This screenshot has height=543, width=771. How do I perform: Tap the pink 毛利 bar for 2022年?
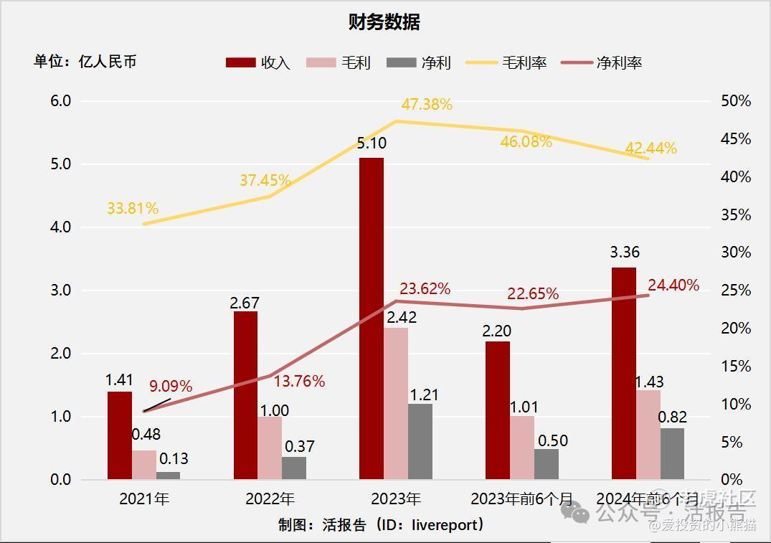point(270,448)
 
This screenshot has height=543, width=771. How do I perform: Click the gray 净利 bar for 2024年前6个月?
point(672,453)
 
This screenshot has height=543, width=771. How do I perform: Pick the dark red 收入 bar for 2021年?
point(119,435)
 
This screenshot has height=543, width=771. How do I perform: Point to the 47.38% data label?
point(427,105)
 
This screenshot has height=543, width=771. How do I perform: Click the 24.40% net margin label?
point(673,285)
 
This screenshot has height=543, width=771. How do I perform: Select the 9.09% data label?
point(171,387)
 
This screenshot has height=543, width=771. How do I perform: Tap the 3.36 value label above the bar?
point(624,252)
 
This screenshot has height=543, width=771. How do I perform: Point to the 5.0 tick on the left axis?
point(60,164)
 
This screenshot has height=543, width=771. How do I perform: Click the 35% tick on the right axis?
point(736,214)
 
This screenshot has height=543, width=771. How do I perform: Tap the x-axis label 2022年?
point(270,499)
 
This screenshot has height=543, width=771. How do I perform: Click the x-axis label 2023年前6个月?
point(521,499)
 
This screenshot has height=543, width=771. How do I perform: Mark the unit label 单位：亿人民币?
point(85,62)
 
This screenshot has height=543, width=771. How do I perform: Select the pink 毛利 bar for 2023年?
point(396,403)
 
